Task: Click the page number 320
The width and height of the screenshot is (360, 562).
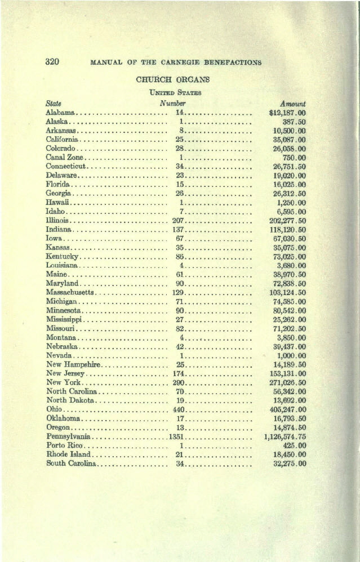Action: (52, 61)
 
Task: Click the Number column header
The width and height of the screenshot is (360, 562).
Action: (172, 104)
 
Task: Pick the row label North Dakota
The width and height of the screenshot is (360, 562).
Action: (70, 400)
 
